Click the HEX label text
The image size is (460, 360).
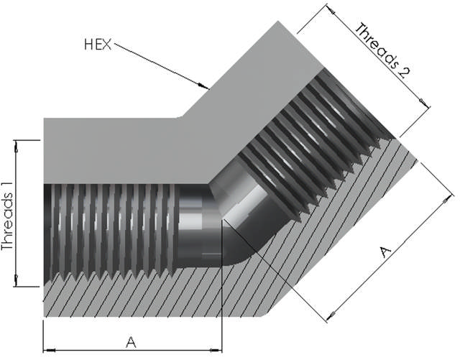tap(98, 45)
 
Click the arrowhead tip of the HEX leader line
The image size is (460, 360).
tap(208, 88)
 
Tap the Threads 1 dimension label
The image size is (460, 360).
tap(8, 217)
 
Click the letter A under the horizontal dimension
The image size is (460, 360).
tap(131, 342)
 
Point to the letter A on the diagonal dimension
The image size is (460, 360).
tap(385, 252)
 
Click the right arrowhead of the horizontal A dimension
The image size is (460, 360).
tap(216, 350)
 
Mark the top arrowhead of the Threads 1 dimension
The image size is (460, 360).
tap(16, 146)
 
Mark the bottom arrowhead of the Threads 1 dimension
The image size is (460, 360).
tap(16, 280)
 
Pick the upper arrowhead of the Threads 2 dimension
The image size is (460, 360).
tap(331, 9)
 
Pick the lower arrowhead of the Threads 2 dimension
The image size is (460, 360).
tap(425, 103)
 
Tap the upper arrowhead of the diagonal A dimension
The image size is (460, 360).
tap(448, 200)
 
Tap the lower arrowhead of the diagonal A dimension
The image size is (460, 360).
tap(331, 316)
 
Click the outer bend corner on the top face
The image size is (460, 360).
tap(182, 116)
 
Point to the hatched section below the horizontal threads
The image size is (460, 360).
tap(132, 296)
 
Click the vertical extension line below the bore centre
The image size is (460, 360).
tap(222, 285)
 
